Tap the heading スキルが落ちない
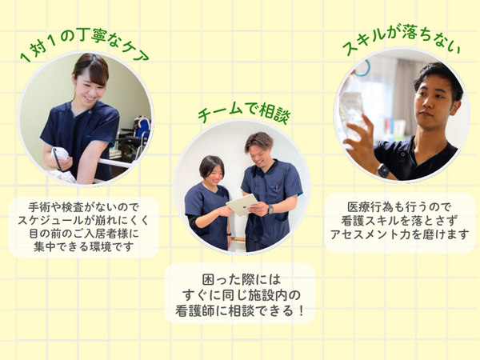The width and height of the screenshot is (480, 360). (402, 42)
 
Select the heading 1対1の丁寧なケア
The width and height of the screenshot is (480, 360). (84, 45)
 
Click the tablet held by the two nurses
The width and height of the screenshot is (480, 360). (242, 205)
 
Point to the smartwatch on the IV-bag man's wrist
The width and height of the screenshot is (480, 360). (383, 170)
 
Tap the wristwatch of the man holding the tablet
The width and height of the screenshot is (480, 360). (270, 210)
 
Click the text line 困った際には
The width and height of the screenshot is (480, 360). (242, 279)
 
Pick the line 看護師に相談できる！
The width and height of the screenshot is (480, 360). (240, 310)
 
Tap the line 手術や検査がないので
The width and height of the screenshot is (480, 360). (83, 207)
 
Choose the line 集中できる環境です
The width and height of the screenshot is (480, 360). (83, 246)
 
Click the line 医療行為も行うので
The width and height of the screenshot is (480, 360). (399, 207)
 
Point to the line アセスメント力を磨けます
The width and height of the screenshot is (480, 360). (399, 234)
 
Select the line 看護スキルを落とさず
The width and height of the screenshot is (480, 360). (399, 221)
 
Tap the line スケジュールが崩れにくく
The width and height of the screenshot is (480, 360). (83, 221)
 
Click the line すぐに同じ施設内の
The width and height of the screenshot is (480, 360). (242, 295)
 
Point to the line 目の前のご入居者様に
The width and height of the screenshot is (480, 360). (83, 234)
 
